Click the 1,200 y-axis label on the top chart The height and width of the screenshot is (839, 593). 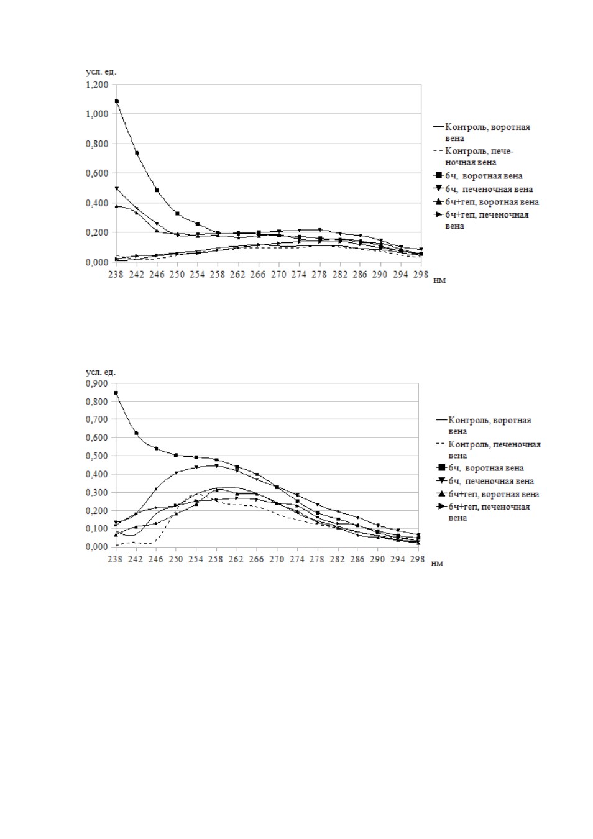(98, 85)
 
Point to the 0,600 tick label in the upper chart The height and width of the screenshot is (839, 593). (98, 173)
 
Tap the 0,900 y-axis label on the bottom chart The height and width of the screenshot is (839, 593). (98, 383)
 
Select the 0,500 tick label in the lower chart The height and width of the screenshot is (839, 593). (98, 456)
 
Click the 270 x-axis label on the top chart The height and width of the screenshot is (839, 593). (278, 275)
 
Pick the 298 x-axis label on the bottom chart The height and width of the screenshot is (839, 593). (418, 559)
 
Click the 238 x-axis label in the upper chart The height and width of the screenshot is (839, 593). (116, 275)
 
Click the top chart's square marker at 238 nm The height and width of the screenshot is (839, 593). (116, 101)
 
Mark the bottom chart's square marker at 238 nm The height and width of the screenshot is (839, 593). (116, 393)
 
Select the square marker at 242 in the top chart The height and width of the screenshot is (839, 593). (137, 153)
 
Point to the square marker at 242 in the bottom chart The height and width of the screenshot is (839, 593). (136, 433)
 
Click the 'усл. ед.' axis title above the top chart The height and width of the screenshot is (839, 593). (101, 72)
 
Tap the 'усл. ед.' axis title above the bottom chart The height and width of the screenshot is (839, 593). (101, 372)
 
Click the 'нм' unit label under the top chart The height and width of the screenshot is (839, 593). (439, 280)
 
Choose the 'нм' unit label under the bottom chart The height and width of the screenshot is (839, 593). (438, 564)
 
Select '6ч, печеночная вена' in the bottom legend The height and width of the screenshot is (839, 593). (492, 481)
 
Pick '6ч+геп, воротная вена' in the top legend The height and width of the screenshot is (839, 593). (492, 202)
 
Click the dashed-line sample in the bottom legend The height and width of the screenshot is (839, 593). (442, 444)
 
